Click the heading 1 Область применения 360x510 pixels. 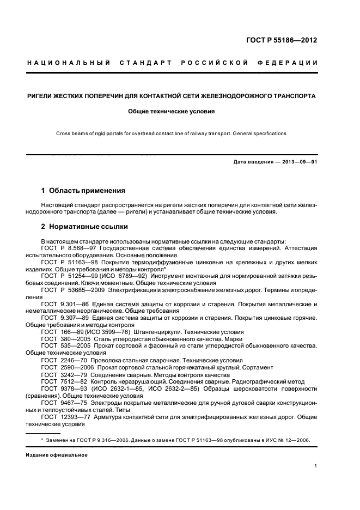[x=83, y=191]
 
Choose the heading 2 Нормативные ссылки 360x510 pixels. [x=84, y=227]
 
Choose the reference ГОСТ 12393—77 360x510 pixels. [x=63, y=416]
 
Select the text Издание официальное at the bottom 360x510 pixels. [x=53, y=454]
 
